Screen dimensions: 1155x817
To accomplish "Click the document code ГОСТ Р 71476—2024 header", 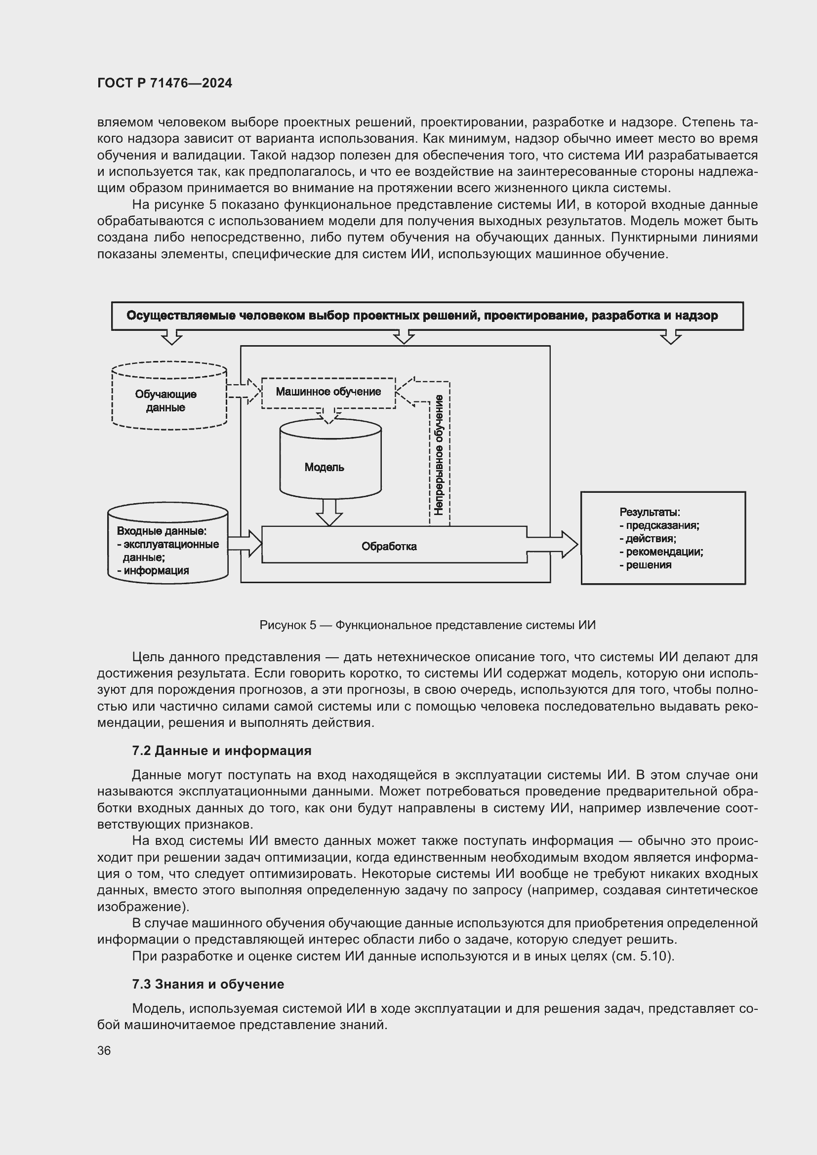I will (x=164, y=83).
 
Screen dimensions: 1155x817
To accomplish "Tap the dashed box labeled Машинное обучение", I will (x=328, y=392).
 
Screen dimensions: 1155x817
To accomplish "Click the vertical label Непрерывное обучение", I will (x=439, y=455).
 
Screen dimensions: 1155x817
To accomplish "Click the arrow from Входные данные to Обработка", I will (x=245, y=544).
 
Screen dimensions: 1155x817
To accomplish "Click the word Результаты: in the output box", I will (x=650, y=512).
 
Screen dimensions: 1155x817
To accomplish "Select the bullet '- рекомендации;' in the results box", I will (x=661, y=552).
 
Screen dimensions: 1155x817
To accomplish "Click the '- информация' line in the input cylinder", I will (x=154, y=570).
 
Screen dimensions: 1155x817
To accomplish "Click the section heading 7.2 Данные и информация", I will (x=221, y=751).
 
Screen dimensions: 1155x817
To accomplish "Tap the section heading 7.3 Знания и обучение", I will (x=208, y=984).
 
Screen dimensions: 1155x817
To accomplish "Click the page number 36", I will (x=104, y=1050).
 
